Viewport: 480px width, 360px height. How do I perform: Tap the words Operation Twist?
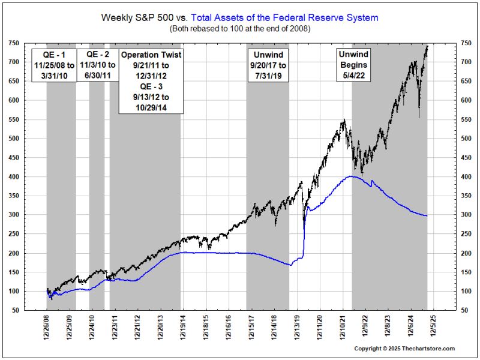point(151,55)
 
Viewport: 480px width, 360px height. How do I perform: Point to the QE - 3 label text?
point(151,88)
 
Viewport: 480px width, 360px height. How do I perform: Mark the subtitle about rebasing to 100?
point(239,29)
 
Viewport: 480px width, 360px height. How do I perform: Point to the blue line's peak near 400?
point(352,176)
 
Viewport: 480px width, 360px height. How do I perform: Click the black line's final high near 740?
point(427,46)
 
